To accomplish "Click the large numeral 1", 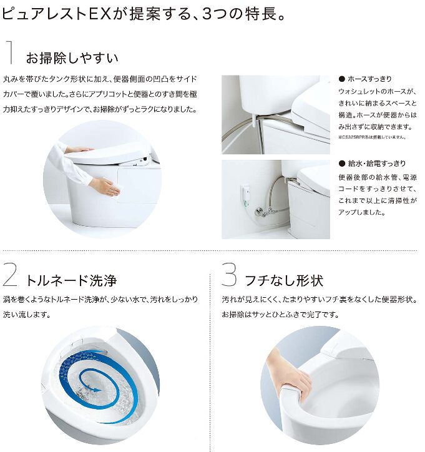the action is pos(11,52).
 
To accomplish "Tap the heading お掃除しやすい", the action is pos(72,57).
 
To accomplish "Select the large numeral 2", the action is pos(10,276).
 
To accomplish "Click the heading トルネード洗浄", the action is pos(71,280).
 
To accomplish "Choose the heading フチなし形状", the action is pos(284,280).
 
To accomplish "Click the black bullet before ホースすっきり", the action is pos(342,79).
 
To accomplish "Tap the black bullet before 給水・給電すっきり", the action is pos(342,164).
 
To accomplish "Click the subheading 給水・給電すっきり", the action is pos(377,164).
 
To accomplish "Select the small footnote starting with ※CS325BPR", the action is pos(373,137).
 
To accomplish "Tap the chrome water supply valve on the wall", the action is pos(263,212).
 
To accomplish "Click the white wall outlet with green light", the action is pos(245,197).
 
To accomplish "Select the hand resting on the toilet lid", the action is pos(79,150).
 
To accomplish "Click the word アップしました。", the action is pos(361,213).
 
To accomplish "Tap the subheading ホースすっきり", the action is pos(369,79).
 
